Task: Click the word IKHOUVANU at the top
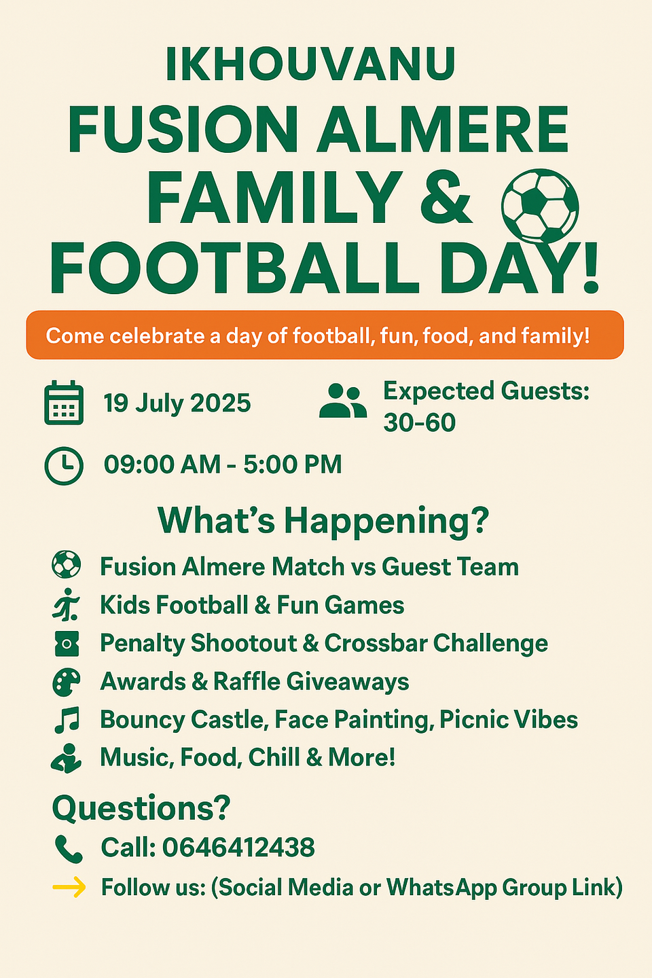310,64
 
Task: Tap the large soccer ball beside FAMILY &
540,206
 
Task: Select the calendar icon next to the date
64,403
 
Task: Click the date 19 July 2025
177,403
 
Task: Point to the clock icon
64,465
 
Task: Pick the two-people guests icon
343,401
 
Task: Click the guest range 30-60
419,422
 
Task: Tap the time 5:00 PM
292,464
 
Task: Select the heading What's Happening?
323,521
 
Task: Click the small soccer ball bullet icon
66,564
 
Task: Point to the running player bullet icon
66,604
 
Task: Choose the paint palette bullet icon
66,682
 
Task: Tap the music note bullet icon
67,719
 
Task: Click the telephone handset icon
69,849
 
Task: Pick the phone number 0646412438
238,848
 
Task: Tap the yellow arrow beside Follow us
69,887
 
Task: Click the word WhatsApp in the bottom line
441,888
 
